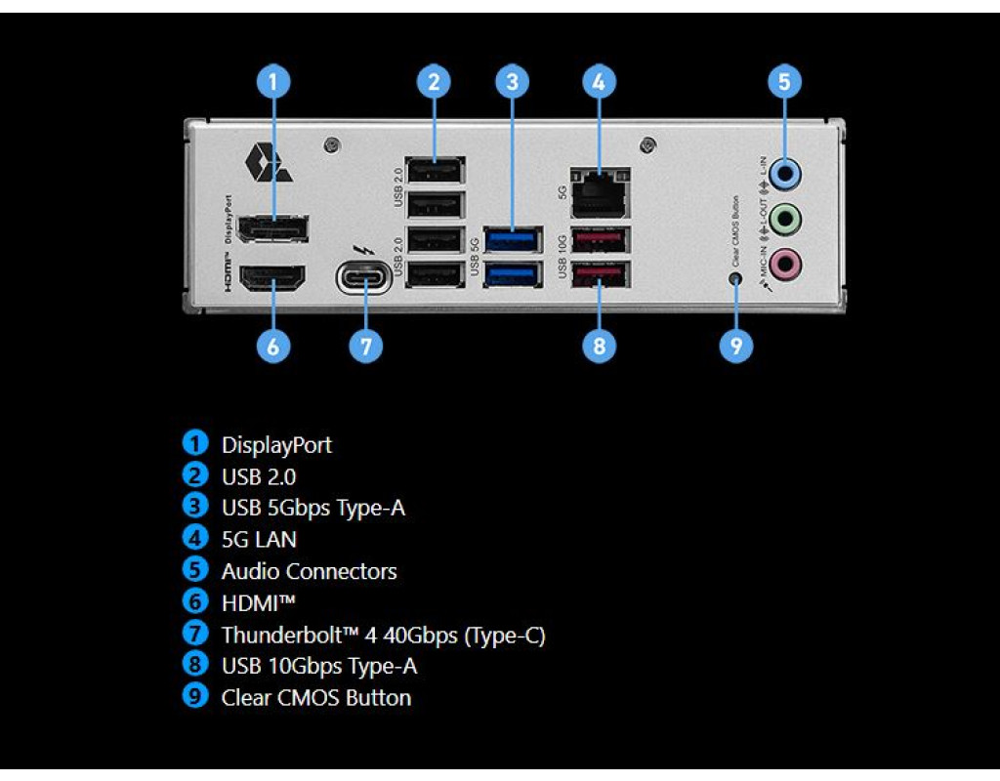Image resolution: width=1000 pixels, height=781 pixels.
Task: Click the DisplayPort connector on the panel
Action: (x=273, y=228)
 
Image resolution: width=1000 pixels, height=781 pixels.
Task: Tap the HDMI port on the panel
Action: (x=273, y=277)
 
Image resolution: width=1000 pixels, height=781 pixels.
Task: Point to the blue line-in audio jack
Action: (x=784, y=175)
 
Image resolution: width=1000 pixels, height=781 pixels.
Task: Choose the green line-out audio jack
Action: (x=784, y=218)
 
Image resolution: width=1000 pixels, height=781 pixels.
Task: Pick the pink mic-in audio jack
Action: (x=784, y=262)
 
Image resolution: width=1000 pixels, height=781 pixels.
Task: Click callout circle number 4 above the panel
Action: (x=599, y=82)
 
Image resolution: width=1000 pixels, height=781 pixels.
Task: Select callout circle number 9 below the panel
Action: (x=736, y=345)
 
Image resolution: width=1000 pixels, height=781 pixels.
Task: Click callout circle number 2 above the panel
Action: (x=434, y=82)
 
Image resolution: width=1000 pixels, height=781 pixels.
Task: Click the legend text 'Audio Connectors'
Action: (x=309, y=571)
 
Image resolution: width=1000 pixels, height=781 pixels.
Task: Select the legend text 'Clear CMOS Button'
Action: (x=315, y=698)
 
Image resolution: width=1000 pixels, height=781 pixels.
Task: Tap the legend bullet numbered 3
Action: (x=196, y=507)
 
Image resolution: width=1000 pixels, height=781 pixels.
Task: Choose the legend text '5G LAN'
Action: (x=259, y=539)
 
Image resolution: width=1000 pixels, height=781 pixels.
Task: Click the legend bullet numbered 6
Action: (x=196, y=602)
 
